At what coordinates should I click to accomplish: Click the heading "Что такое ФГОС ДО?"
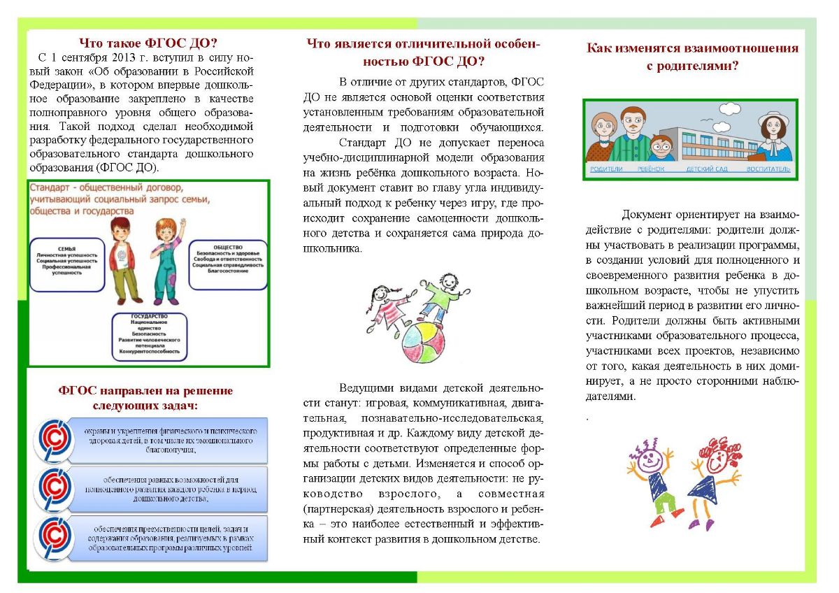point(148,42)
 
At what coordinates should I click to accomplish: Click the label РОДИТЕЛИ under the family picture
point(607,169)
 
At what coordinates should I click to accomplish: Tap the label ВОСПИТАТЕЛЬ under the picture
point(768,169)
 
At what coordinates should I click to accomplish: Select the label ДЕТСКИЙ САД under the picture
point(708,169)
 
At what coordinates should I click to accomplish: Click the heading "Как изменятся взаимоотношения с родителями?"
point(692,57)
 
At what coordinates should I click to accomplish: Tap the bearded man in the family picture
point(631,133)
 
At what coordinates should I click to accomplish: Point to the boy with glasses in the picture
point(661,147)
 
